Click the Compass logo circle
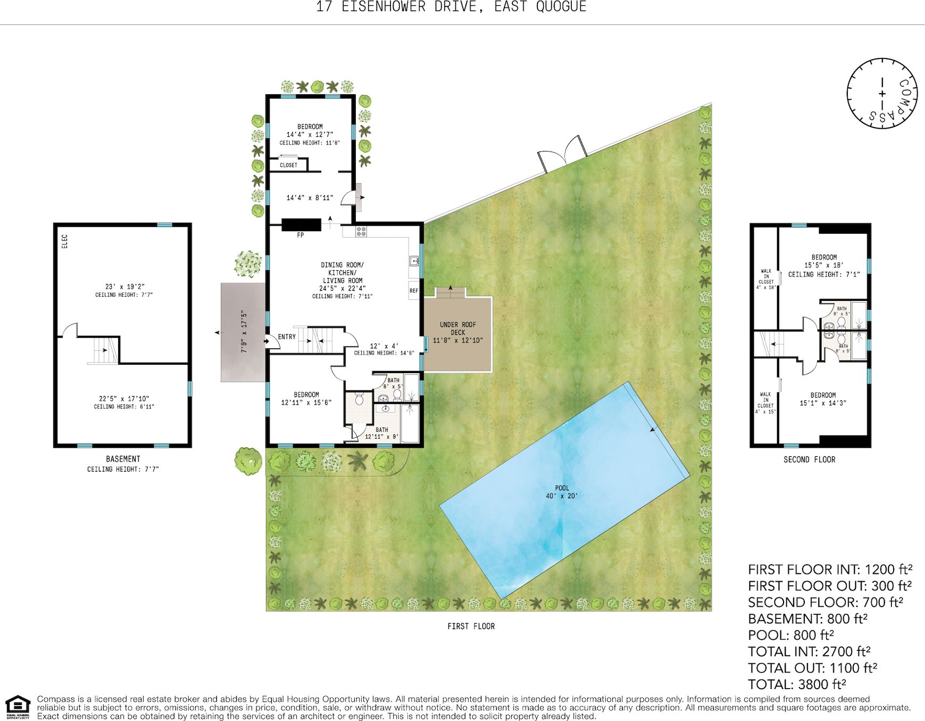[x=882, y=94]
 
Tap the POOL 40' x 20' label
[x=562, y=492]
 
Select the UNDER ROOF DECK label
[x=457, y=332]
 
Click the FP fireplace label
[x=301, y=235]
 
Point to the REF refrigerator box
[x=414, y=291]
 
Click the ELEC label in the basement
[x=64, y=241]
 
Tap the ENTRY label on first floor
[x=287, y=337]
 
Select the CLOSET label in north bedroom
[x=288, y=165]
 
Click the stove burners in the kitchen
[x=361, y=231]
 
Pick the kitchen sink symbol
[x=414, y=261]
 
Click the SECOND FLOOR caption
[x=809, y=459]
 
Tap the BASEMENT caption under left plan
[x=123, y=459]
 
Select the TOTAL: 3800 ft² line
[x=796, y=684]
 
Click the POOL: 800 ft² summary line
[x=790, y=635]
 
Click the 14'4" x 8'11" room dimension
[x=310, y=198]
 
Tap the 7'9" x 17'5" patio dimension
[x=244, y=332]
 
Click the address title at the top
[x=451, y=7]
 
